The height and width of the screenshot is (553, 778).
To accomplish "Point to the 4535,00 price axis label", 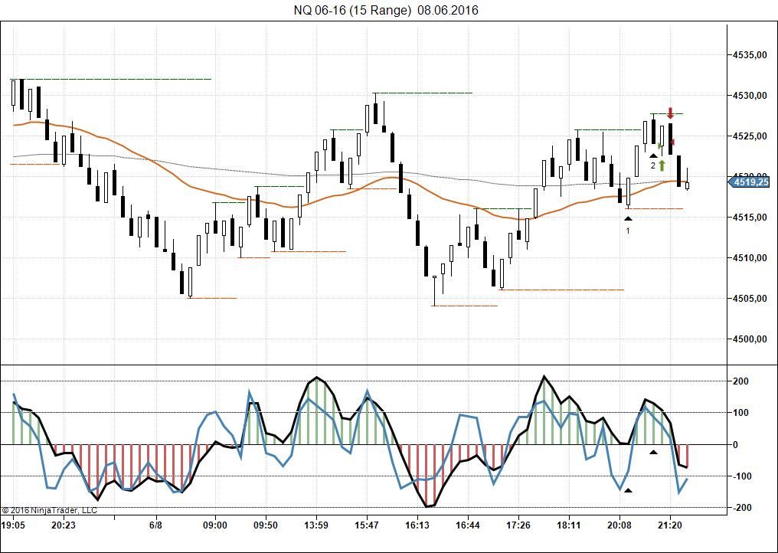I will (750, 55).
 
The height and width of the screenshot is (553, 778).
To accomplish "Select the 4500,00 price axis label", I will (750, 339).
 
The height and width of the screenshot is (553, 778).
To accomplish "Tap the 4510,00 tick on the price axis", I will (750, 258).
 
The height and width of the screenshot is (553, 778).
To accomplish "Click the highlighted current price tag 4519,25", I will (750, 182).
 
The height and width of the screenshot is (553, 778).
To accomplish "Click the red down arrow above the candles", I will (670, 113).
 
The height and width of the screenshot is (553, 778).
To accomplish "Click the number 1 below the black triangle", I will (628, 230).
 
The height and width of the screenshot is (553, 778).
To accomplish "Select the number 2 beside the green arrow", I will (653, 165).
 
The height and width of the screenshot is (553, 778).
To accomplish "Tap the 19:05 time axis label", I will (13, 525).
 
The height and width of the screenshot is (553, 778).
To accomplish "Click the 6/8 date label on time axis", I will (155, 525).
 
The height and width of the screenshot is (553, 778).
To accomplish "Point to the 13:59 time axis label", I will (316, 525).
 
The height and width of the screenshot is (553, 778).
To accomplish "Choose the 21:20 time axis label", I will (670, 525).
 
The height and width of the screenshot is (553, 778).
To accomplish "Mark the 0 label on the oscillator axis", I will (734, 445).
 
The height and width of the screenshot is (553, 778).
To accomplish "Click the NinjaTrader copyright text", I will (49, 509).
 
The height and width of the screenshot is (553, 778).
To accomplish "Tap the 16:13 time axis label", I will (417, 525).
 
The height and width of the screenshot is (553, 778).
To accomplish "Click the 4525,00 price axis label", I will (750, 136).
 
